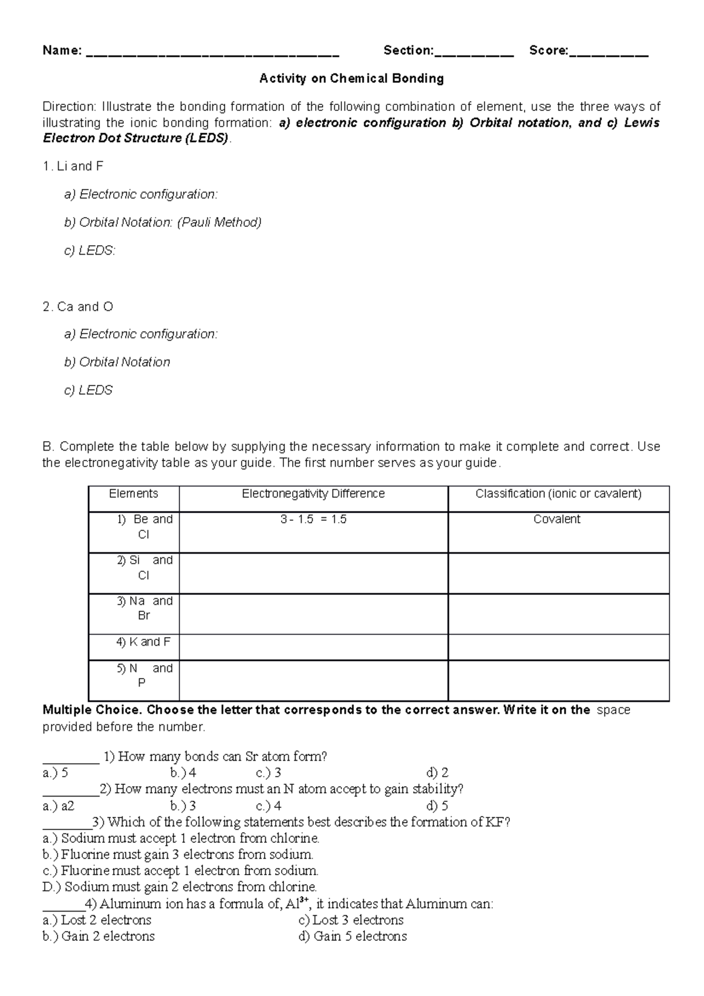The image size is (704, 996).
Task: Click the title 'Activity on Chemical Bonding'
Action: coord(351,78)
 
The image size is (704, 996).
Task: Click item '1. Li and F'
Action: coord(73,166)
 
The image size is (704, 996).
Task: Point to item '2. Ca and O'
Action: coord(78,307)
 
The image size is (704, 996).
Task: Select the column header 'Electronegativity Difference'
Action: coord(313,494)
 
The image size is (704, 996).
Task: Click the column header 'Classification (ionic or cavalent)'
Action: coord(558,494)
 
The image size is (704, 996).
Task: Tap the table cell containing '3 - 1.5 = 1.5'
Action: coord(313,520)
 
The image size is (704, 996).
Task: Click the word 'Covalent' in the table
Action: coord(557,520)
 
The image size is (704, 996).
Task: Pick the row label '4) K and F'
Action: coord(143,642)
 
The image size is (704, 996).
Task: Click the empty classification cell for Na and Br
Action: coord(558,614)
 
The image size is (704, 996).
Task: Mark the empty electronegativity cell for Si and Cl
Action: coord(313,573)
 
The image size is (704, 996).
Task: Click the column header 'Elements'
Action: coord(134,494)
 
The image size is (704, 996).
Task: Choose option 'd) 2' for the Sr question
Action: coord(438,773)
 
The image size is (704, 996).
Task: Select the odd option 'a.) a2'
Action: coord(59,806)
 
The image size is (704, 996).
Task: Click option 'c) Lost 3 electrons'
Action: coord(351,920)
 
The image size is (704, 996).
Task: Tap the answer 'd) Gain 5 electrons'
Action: coord(353,937)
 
